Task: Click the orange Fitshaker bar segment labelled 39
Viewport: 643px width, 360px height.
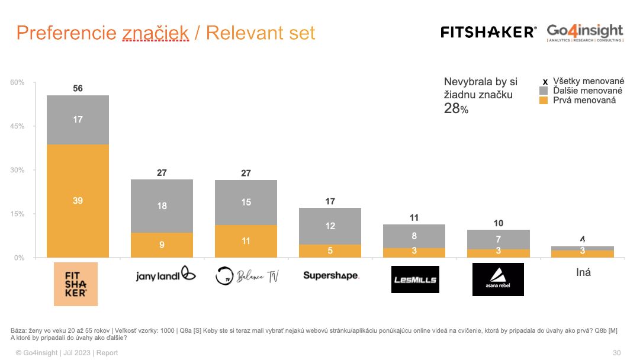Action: [78, 201]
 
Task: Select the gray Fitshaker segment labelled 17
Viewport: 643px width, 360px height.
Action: [78, 120]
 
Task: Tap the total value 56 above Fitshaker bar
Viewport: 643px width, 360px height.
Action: [78, 89]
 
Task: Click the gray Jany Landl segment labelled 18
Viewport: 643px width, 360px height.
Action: [162, 205]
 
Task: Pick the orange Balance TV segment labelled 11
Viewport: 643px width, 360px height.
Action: [246, 241]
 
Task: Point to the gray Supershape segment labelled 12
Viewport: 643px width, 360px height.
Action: [330, 226]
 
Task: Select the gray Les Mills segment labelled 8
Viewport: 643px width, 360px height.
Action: [414, 236]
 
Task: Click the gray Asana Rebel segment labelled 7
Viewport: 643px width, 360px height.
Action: [498, 239]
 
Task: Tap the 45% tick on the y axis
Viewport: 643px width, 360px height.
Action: [17, 127]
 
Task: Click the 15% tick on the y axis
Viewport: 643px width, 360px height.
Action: [17, 214]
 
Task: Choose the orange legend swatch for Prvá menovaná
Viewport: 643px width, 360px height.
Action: [544, 101]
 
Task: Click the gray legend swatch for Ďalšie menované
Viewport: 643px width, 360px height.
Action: [544, 91]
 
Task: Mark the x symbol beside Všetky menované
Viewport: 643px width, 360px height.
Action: [545, 82]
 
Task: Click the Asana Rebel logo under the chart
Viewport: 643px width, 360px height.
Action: [498, 279]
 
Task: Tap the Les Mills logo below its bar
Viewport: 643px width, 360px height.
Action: [414, 279]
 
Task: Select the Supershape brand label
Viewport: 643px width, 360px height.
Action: [330, 275]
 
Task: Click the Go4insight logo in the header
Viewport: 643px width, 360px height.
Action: [585, 32]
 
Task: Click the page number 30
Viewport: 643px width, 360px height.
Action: [616, 353]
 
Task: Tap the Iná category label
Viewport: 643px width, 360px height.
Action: [583, 273]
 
